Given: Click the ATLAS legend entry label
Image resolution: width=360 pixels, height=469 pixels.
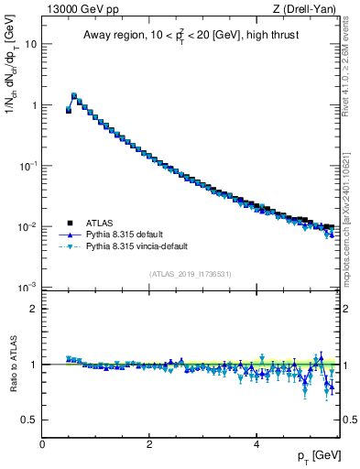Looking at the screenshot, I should tap(101, 223).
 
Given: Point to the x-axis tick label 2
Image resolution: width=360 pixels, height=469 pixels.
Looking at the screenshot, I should tap(149, 443).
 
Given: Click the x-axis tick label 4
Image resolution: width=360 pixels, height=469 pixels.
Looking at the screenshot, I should tap(256, 443).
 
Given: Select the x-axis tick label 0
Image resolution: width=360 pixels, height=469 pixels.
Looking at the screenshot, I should tap(42, 443).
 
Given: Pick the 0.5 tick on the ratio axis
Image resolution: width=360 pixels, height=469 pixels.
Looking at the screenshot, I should tap(28, 420).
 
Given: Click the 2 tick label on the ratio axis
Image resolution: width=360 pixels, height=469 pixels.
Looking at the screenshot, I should tap(33, 309).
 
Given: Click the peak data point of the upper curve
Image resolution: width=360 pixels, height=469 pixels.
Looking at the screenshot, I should tap(74, 95).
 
